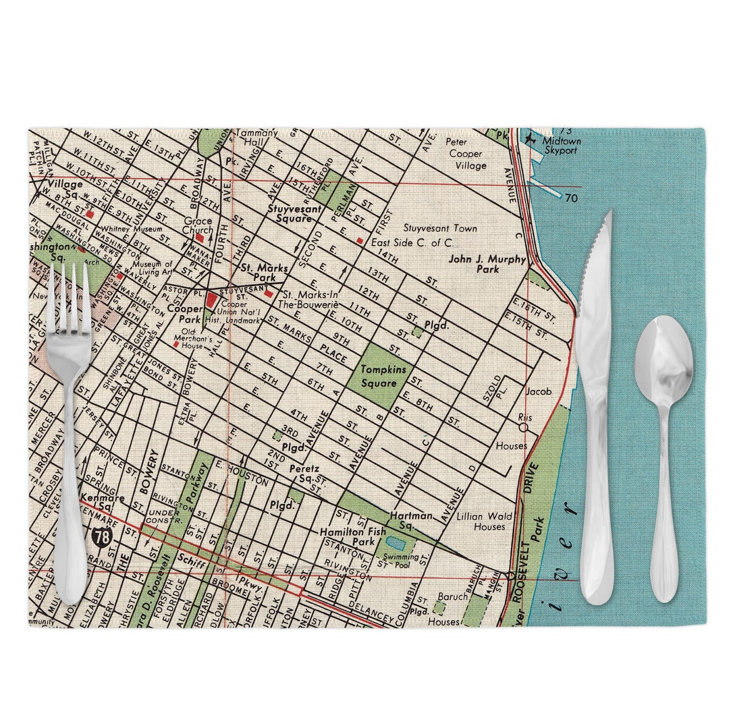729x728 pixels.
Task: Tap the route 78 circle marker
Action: (101, 537)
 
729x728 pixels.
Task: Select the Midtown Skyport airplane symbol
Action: (532, 140)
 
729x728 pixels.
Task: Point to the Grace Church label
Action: (197, 225)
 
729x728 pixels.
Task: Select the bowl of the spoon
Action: (664, 363)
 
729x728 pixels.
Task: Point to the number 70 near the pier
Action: (572, 198)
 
